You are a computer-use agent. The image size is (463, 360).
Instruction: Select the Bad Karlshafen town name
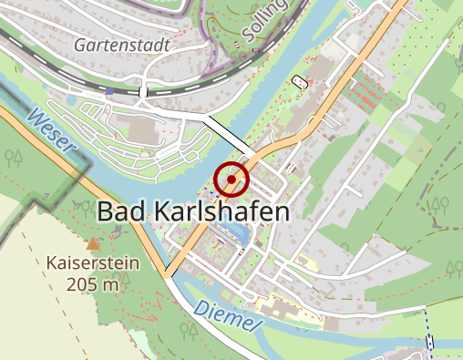coord(192,212)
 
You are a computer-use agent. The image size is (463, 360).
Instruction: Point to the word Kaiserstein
coord(92,264)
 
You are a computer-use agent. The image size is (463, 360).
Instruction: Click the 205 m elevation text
coord(92,283)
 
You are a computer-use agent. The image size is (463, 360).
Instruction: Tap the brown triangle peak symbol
coord(92,244)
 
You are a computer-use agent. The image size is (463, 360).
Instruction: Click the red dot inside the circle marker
coord(231,180)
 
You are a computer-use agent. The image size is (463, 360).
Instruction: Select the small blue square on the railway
coord(109,91)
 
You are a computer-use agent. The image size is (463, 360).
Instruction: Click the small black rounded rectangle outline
coord(300,82)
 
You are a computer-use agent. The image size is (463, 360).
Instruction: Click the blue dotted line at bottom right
coord(427,333)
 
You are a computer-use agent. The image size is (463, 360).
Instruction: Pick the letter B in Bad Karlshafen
coord(105,212)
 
